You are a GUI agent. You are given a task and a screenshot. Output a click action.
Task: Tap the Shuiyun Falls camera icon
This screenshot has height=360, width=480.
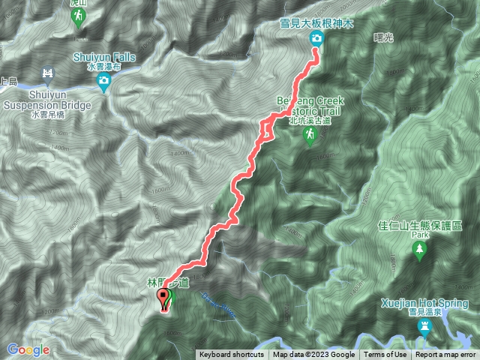tap(106, 85)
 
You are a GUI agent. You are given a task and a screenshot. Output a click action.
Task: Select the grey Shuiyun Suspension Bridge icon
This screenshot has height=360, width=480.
tap(48, 73)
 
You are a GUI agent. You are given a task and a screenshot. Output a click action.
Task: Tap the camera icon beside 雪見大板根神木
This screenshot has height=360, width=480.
tap(316, 38)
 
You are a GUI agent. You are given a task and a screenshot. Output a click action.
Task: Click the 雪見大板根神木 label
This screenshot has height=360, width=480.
tap(316, 23)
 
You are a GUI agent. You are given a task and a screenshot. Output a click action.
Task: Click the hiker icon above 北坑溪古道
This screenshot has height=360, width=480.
tap(309, 134)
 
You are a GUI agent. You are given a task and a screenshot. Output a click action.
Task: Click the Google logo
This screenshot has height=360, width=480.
tap(28, 349)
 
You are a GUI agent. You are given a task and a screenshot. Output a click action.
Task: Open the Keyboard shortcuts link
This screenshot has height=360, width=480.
tap(231, 355)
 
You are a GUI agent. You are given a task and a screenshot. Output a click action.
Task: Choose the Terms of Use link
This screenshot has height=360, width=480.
tap(385, 355)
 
